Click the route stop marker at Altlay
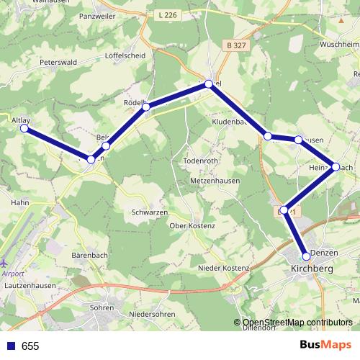[24, 128]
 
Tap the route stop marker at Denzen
[306, 256]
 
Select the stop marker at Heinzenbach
[336, 166]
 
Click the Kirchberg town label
[313, 269]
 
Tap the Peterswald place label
[59, 63]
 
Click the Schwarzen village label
[150, 212]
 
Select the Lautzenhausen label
[30, 285]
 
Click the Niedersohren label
[153, 314]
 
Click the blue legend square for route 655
[10, 346]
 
